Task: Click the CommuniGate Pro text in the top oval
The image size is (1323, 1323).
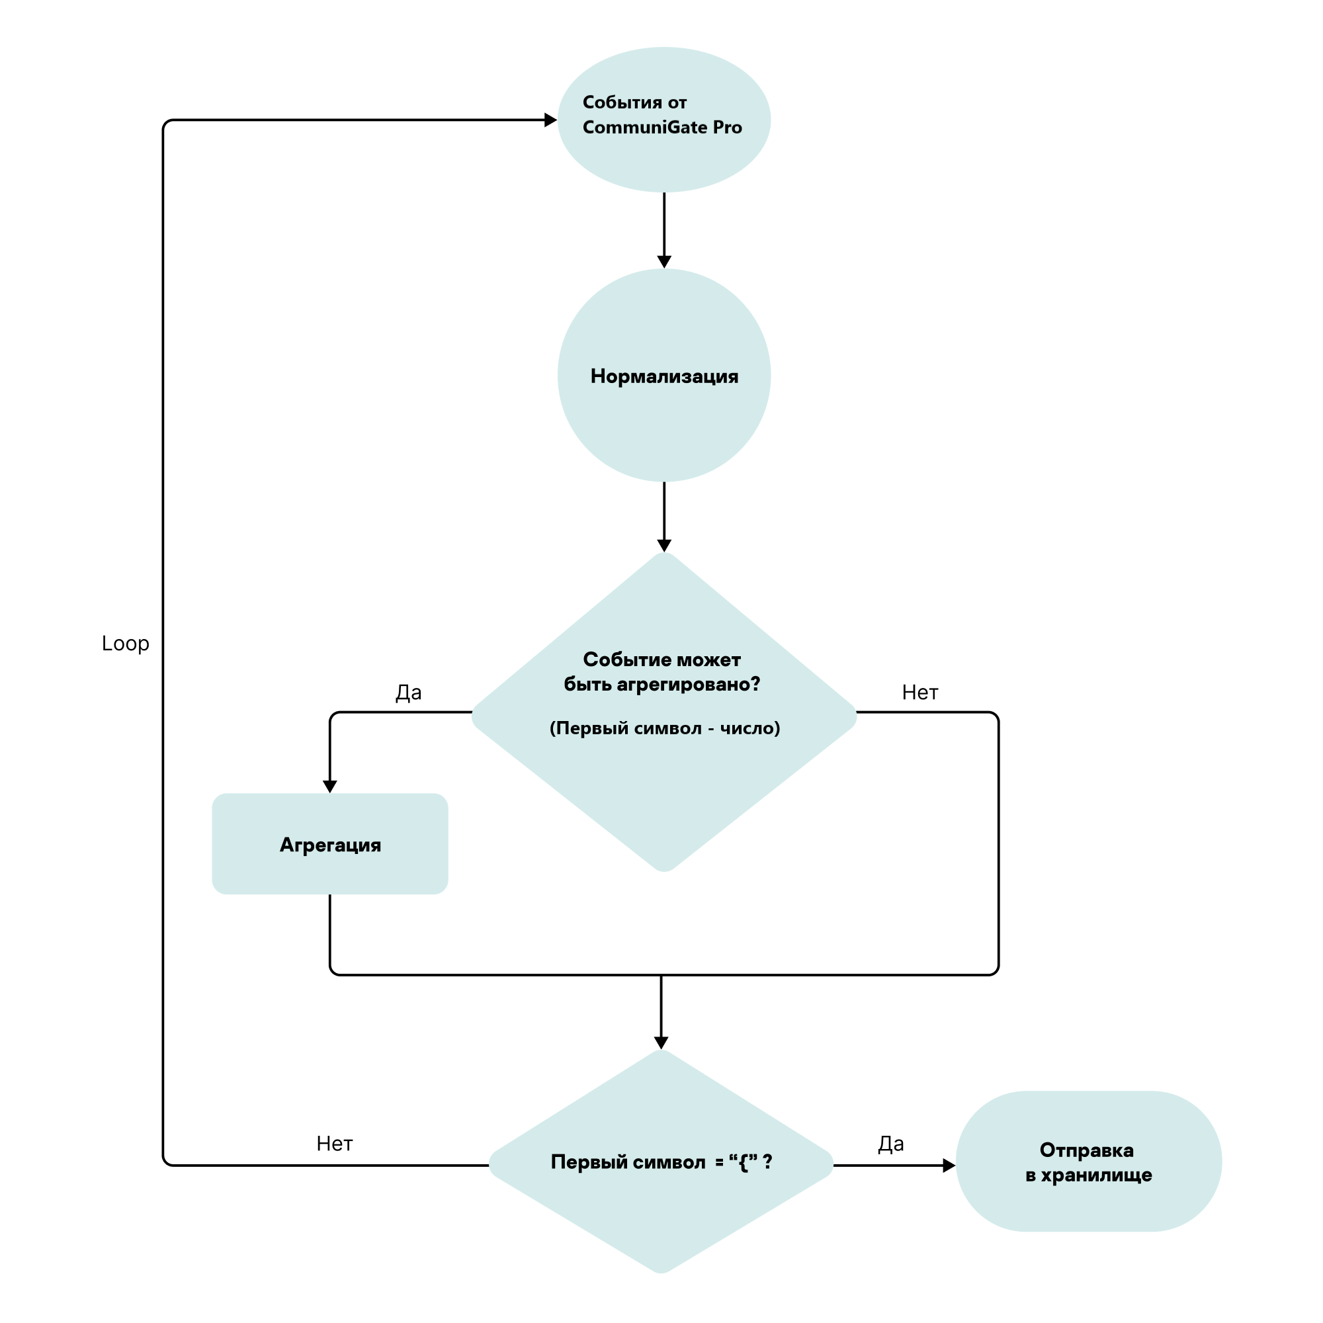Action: pos(661,128)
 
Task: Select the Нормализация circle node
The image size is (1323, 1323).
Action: pos(663,375)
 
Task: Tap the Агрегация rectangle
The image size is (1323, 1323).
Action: pos(330,844)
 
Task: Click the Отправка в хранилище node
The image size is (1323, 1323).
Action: pos(1088,1162)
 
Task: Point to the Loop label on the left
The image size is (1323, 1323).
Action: pos(125,644)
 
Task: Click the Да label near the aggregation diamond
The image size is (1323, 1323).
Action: pos(408,693)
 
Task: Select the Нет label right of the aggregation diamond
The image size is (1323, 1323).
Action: pos(919,693)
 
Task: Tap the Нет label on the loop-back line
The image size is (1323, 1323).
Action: pos(334,1144)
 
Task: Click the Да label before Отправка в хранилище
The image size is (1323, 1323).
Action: pos(890,1144)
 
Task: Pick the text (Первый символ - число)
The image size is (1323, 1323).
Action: pos(664,728)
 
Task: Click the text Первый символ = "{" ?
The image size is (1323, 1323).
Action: pos(661,1162)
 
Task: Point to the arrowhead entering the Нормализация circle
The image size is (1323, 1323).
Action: pos(663,262)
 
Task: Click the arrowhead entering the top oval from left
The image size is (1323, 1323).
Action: pos(550,120)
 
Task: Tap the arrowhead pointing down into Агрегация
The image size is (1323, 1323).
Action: pos(330,787)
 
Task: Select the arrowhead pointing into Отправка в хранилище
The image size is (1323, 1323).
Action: pos(949,1166)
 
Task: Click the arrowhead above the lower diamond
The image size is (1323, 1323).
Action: pos(661,1043)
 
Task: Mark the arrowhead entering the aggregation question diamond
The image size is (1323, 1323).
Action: pos(663,546)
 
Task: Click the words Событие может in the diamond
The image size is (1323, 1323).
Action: pos(661,660)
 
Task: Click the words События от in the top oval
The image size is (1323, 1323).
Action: pos(634,103)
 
